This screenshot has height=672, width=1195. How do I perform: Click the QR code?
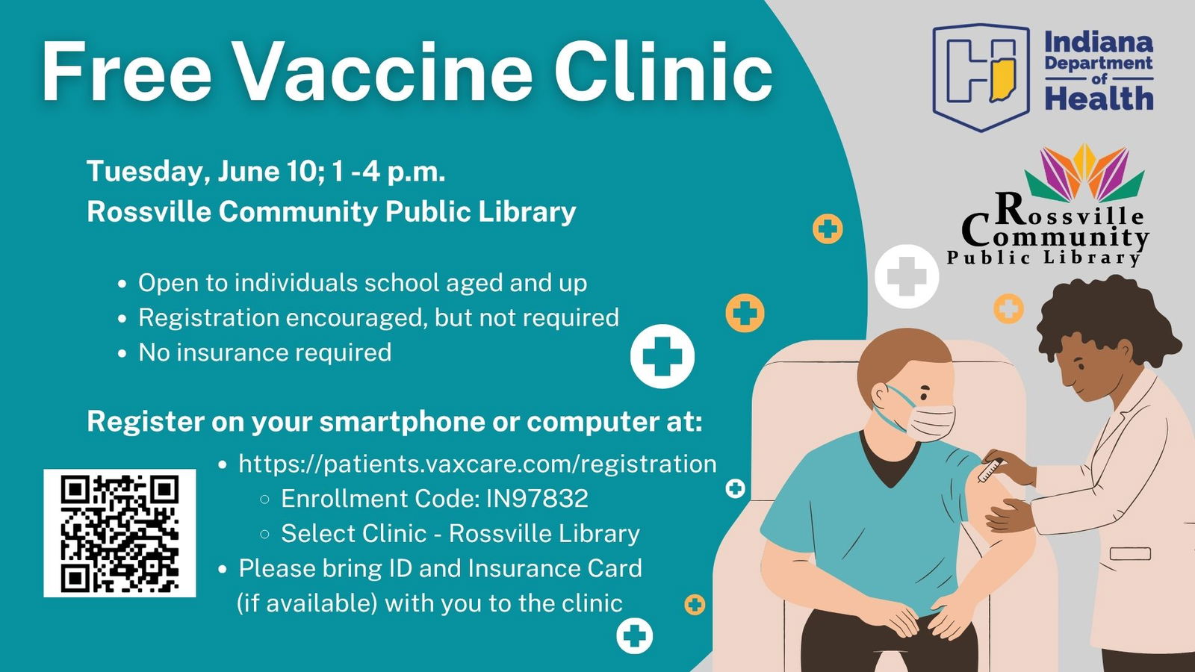[x=119, y=533]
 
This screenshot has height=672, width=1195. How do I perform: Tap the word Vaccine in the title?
[x=383, y=72]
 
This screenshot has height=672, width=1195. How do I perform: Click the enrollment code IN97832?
[x=537, y=499]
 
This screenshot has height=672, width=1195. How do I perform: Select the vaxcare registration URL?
[x=477, y=464]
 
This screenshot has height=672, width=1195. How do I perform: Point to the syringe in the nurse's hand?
[x=990, y=470]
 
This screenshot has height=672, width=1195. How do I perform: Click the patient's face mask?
[x=929, y=422]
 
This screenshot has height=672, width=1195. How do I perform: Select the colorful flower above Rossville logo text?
[x=1084, y=172]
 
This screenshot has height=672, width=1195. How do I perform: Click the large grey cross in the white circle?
[x=907, y=276]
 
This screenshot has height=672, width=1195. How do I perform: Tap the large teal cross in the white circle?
[x=662, y=356]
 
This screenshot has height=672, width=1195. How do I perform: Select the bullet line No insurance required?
[x=264, y=352]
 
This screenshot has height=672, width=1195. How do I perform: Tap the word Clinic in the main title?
[x=663, y=72]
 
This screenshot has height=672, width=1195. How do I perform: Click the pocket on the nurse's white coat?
[x=1129, y=553]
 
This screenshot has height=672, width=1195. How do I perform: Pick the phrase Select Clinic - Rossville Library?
[x=460, y=533]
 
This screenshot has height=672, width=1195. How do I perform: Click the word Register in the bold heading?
[x=146, y=422]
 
